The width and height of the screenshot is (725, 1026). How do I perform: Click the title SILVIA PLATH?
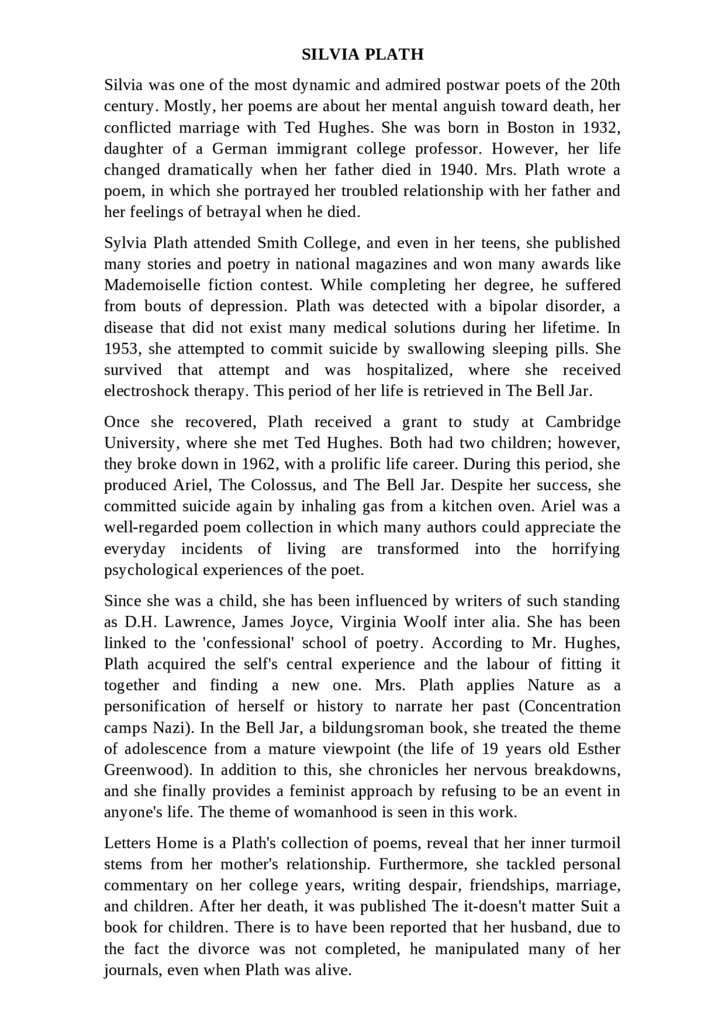point(362,54)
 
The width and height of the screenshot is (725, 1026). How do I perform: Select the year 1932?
point(601,127)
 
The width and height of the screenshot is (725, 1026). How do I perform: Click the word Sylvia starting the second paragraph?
point(125,243)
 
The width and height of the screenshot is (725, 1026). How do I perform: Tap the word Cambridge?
point(583,422)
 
